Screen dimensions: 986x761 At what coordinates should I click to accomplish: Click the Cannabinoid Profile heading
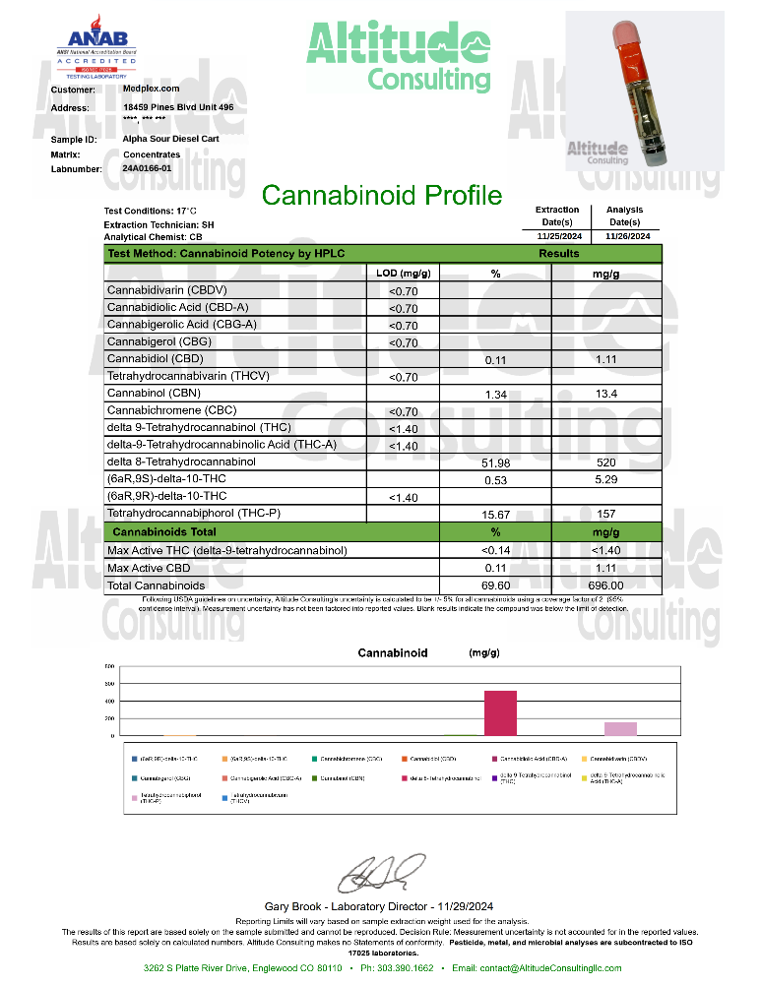coord(382,195)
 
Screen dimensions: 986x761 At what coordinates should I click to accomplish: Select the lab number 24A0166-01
coord(148,169)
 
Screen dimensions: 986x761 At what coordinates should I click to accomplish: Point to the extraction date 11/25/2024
coord(557,236)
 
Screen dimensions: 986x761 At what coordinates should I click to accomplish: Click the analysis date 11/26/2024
coord(627,236)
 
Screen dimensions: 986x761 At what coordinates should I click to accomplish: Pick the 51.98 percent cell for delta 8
coord(495,462)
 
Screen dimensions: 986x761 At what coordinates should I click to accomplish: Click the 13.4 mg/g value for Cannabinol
coord(605,394)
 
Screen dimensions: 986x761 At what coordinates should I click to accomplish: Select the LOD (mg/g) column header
coord(404,273)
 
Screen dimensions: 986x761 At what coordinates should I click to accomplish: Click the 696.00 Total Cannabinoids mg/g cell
coord(605,585)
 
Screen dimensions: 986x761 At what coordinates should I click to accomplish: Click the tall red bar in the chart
coord(499,712)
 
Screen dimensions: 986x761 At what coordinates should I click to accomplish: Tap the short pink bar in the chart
coord(620,728)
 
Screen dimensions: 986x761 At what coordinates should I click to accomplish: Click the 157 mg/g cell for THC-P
coord(605,514)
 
